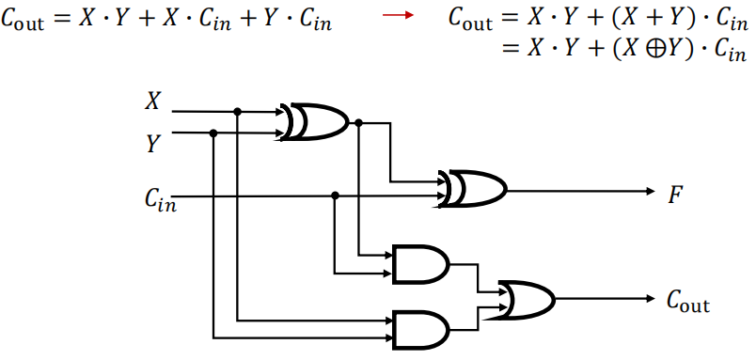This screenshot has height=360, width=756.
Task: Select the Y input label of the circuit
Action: click(x=152, y=144)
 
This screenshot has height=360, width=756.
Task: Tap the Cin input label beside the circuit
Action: click(x=159, y=198)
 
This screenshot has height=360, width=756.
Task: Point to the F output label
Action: click(x=675, y=196)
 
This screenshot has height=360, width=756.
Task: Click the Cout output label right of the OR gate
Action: click(x=687, y=302)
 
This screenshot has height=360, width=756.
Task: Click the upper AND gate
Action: click(x=420, y=265)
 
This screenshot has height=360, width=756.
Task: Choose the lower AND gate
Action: click(x=420, y=328)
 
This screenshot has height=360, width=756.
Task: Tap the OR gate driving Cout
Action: click(x=527, y=299)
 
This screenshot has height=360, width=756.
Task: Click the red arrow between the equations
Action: click(x=403, y=20)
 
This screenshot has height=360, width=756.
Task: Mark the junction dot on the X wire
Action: click(x=238, y=112)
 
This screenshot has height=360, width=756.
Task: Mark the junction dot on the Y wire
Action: click(x=214, y=133)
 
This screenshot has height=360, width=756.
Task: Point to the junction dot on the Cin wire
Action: click(x=336, y=196)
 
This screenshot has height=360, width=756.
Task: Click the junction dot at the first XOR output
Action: click(x=359, y=122)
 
